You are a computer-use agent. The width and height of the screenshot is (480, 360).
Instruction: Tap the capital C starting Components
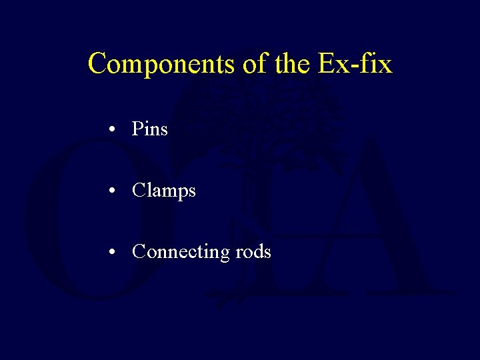tap(97, 64)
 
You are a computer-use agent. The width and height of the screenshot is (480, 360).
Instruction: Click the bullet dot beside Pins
tap(116, 129)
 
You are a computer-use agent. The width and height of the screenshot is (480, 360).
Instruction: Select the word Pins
tap(150, 128)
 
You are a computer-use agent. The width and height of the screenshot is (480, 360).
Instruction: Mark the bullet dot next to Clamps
tap(116, 191)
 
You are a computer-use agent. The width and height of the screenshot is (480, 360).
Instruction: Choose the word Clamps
tap(164, 191)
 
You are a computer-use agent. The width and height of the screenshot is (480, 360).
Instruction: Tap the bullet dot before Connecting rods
tap(116, 253)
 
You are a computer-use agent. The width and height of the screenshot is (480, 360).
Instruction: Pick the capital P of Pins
tap(138, 128)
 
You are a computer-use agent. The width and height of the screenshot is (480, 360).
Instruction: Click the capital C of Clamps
tap(139, 191)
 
